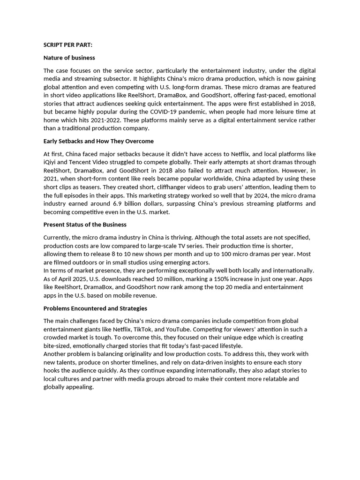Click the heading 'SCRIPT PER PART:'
coord(68,45)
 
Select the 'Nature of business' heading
coord(69,58)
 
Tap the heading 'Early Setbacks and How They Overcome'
coord(98,141)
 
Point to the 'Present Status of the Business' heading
coord(85,225)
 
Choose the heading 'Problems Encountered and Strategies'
coord(95,308)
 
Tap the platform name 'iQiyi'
coord(52,162)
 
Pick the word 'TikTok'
coord(143,329)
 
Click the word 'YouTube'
coord(176,329)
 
